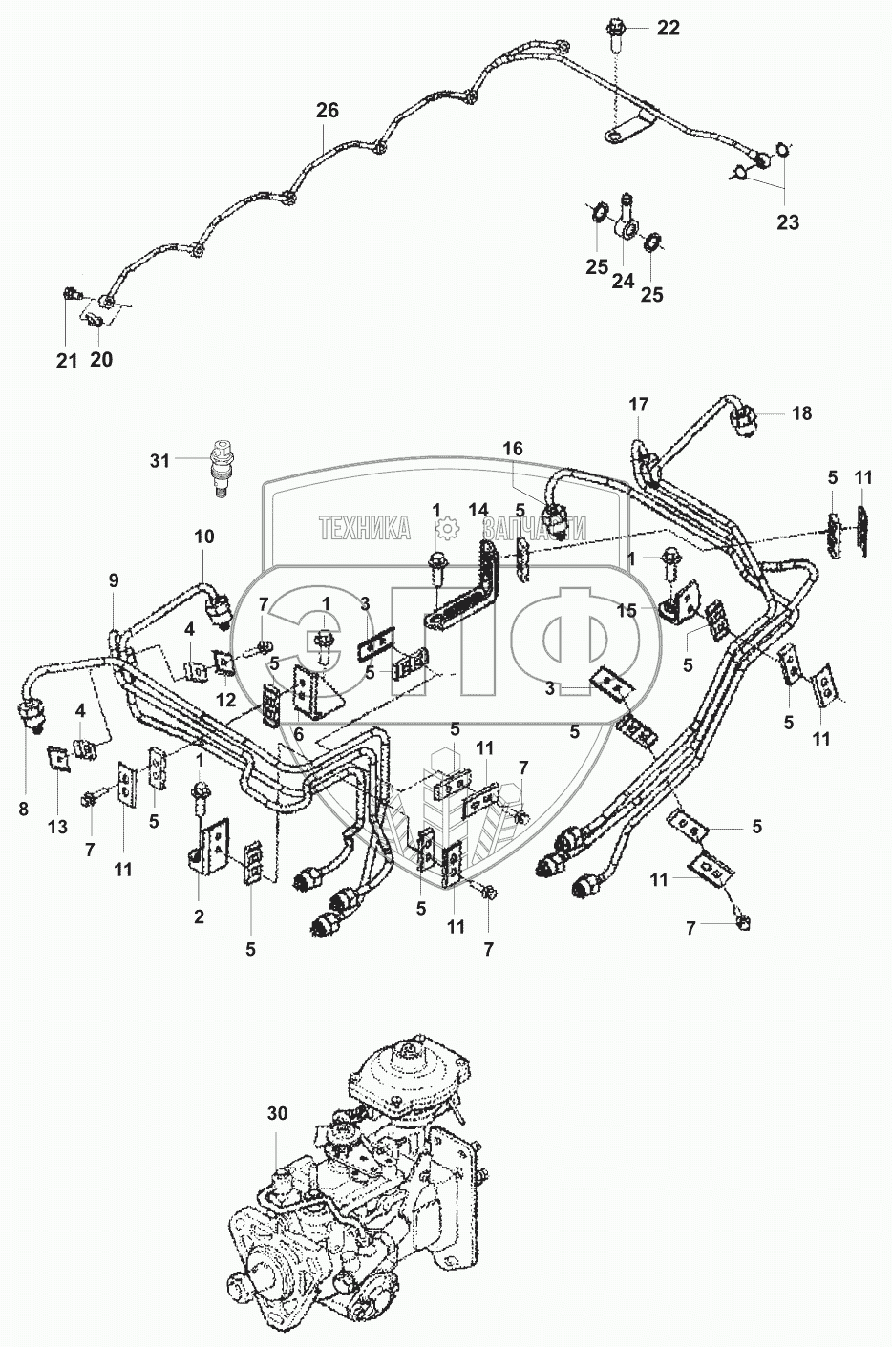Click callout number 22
click(x=668, y=29)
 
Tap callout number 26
click(x=328, y=111)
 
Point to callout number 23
click(x=788, y=221)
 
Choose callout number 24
click(x=623, y=281)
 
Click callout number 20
click(x=101, y=360)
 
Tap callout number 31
click(x=159, y=461)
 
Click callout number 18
click(x=802, y=413)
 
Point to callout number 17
click(x=639, y=405)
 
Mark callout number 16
click(x=513, y=449)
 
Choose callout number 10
click(x=204, y=537)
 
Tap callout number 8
click(x=24, y=809)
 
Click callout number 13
click(x=57, y=827)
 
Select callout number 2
click(x=199, y=916)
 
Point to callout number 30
click(x=277, y=1114)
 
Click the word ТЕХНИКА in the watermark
click(x=365, y=529)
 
